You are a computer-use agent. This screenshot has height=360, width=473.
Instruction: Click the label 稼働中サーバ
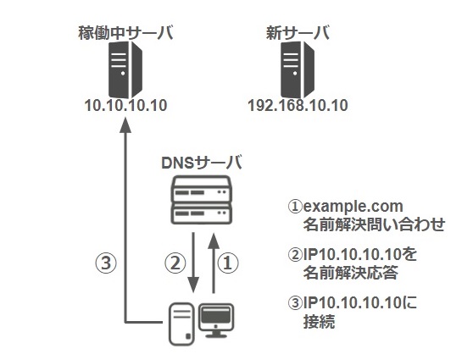[125, 33]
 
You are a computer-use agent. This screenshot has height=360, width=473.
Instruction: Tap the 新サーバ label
[298, 33]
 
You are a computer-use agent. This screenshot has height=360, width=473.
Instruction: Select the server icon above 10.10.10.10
[125, 69]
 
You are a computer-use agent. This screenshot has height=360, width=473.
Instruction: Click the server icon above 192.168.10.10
[298, 69]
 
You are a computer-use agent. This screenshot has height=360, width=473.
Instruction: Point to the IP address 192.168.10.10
[298, 106]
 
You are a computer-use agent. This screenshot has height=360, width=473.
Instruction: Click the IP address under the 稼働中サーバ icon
[125, 106]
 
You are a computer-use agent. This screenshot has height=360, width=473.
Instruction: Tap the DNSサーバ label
[202, 163]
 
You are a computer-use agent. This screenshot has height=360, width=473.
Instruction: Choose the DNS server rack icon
[201, 200]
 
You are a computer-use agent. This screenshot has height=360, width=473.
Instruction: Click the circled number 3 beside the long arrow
[106, 263]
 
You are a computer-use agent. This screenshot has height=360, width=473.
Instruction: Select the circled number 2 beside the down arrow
[175, 263]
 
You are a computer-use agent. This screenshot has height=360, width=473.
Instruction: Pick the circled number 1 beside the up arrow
[228, 263]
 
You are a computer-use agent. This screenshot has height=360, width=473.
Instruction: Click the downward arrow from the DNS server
[193, 263]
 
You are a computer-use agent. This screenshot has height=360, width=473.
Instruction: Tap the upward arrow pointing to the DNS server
[214, 263]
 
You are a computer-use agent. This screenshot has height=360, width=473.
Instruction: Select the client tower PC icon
[181, 324]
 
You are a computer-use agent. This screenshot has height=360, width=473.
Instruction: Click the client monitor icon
[216, 320]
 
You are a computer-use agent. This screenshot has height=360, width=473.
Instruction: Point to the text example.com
[353, 207]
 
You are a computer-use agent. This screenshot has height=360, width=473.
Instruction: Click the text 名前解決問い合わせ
[374, 224]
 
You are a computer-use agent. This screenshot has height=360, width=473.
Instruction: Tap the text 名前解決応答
[350, 272]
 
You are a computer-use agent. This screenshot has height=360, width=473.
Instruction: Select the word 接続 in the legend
[319, 321]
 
